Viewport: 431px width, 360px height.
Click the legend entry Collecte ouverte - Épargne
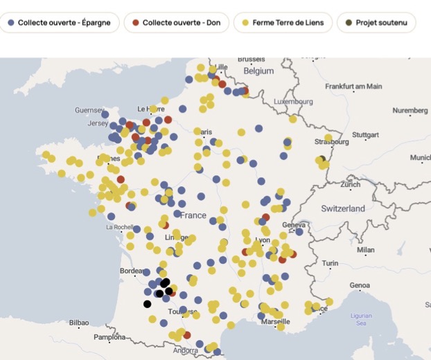(x=59, y=23)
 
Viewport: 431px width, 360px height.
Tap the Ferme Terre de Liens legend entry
(x=283, y=23)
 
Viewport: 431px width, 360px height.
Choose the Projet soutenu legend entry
(x=376, y=23)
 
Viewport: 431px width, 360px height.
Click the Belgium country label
(x=258, y=71)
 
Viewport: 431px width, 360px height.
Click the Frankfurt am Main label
(x=353, y=87)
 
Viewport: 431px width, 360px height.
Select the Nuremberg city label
(x=410, y=111)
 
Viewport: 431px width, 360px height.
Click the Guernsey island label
(x=89, y=111)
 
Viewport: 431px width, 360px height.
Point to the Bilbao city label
(x=79, y=323)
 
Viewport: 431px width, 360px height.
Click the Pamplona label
(x=110, y=338)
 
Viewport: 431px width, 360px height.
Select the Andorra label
(x=186, y=351)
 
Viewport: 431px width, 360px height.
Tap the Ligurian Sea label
(x=361, y=319)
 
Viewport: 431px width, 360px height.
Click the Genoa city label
(x=360, y=285)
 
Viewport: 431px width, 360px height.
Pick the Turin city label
(x=330, y=263)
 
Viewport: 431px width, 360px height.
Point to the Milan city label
(x=365, y=250)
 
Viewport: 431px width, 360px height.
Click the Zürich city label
(x=351, y=185)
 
